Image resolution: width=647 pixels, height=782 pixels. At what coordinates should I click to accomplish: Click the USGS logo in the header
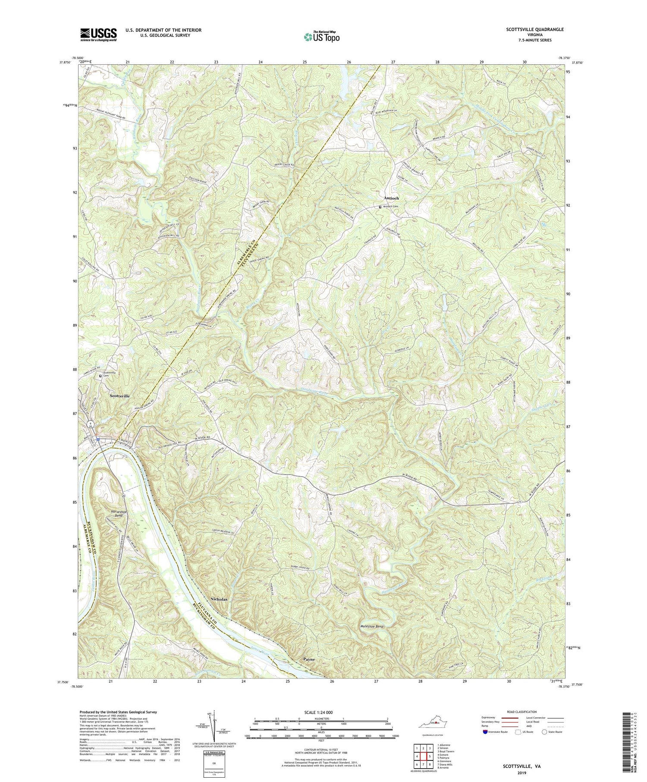click(98, 35)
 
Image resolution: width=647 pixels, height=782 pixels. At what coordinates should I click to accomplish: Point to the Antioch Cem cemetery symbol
click(380, 207)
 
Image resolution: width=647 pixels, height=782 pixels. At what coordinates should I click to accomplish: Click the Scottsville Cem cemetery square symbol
click(101, 376)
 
